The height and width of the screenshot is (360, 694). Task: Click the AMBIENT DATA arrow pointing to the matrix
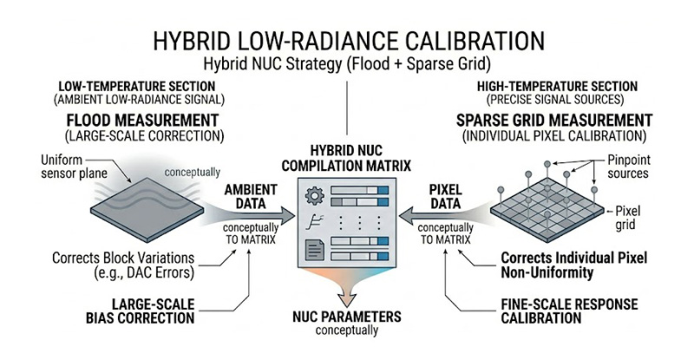pyautogui.click(x=252, y=213)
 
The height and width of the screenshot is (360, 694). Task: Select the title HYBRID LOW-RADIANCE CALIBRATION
pyautogui.click(x=347, y=42)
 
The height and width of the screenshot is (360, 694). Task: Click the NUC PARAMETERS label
pyautogui.click(x=347, y=317)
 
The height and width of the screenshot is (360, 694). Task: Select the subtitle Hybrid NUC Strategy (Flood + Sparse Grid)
pyautogui.click(x=347, y=64)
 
